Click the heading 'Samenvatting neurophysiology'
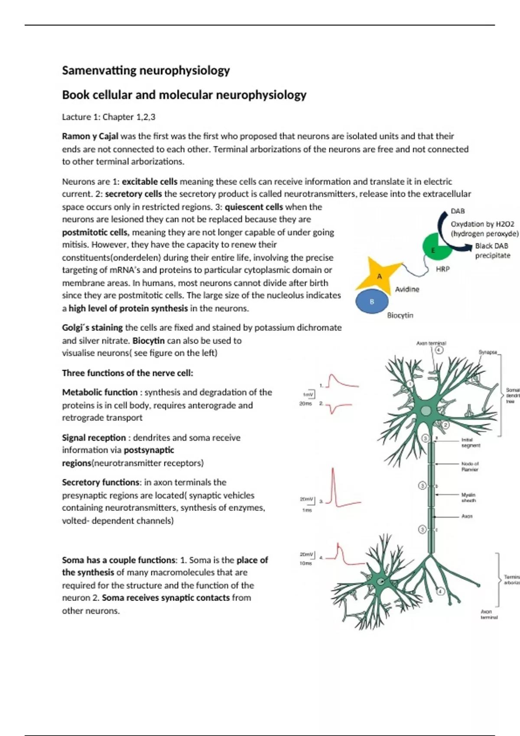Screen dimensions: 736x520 pyautogui.click(x=146, y=71)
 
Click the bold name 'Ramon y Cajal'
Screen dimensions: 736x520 pyautogui.click(x=90, y=136)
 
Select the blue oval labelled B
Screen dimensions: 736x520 pyautogui.click(x=371, y=301)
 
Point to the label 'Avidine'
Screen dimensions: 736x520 pyautogui.click(x=407, y=289)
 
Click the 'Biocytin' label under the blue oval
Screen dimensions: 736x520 pyautogui.click(x=400, y=315)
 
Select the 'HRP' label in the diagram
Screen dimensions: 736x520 pyautogui.click(x=442, y=269)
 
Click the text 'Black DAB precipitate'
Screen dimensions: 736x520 pyautogui.click(x=492, y=251)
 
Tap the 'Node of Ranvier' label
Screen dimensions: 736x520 pyautogui.click(x=470, y=466)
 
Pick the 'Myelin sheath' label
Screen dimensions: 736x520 pyautogui.click(x=468, y=497)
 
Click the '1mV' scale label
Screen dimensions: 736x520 pyautogui.click(x=307, y=395)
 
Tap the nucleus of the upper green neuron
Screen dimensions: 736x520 pyautogui.click(x=426, y=411)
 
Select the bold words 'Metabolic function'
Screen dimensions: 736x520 pyautogui.click(x=100, y=392)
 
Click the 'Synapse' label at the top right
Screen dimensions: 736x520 pyautogui.click(x=487, y=352)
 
